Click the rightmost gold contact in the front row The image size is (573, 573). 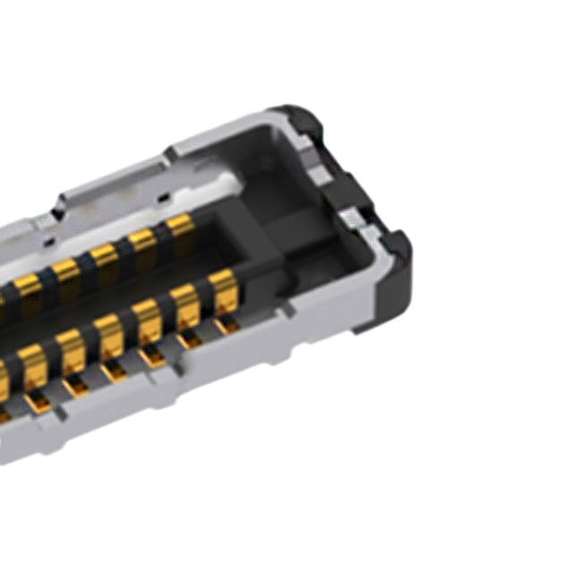[222, 291]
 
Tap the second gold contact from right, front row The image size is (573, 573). [184, 304]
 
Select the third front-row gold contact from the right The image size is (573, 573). [146, 320]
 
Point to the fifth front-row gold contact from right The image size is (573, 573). [70, 349]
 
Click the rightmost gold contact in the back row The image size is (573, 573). [181, 226]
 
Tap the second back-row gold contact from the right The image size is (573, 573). [142, 240]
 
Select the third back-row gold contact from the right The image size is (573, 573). [104, 254]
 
